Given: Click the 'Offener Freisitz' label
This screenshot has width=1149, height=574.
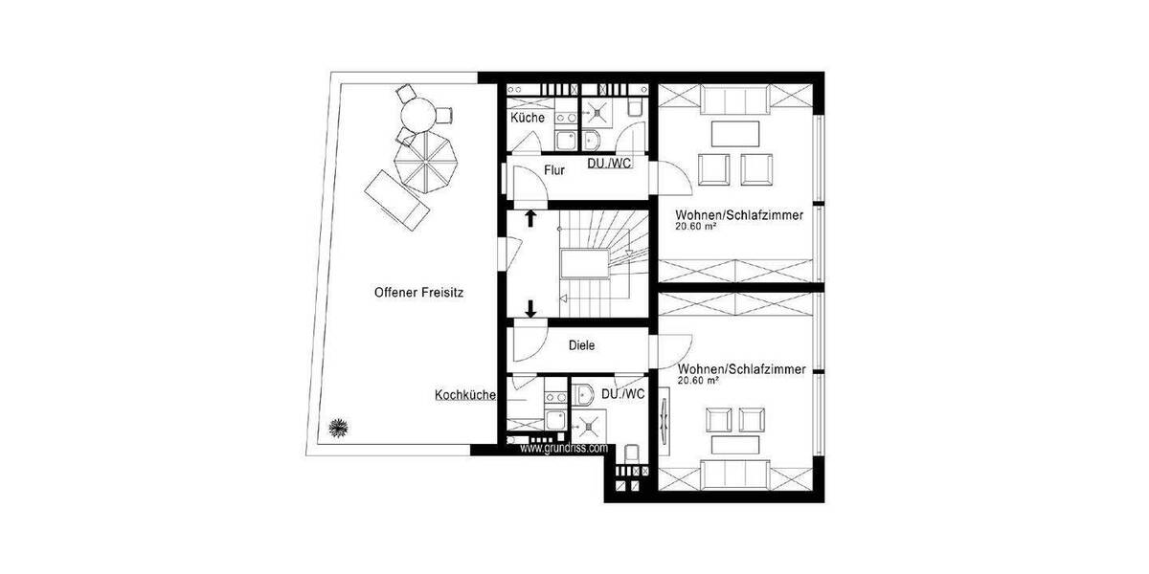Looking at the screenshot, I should (418, 295).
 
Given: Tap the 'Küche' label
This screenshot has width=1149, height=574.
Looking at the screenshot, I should (528, 119).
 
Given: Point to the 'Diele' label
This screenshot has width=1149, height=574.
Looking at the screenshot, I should (582, 346).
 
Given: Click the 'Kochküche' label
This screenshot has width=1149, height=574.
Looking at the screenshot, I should (464, 394).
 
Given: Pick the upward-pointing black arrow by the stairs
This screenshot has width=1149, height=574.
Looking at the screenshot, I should (529, 218).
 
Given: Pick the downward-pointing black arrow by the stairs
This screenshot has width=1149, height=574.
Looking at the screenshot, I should (529, 308).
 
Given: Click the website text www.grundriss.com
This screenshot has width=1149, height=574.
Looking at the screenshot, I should (564, 447).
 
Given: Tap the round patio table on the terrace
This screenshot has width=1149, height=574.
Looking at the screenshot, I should (417, 116).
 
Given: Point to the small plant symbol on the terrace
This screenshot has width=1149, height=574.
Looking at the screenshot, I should (337, 427).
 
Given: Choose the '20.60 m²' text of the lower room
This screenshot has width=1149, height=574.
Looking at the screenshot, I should (697, 381).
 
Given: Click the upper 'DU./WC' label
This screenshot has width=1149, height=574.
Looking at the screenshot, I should (609, 164).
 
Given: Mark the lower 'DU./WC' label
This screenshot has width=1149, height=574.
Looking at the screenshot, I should (622, 394).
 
